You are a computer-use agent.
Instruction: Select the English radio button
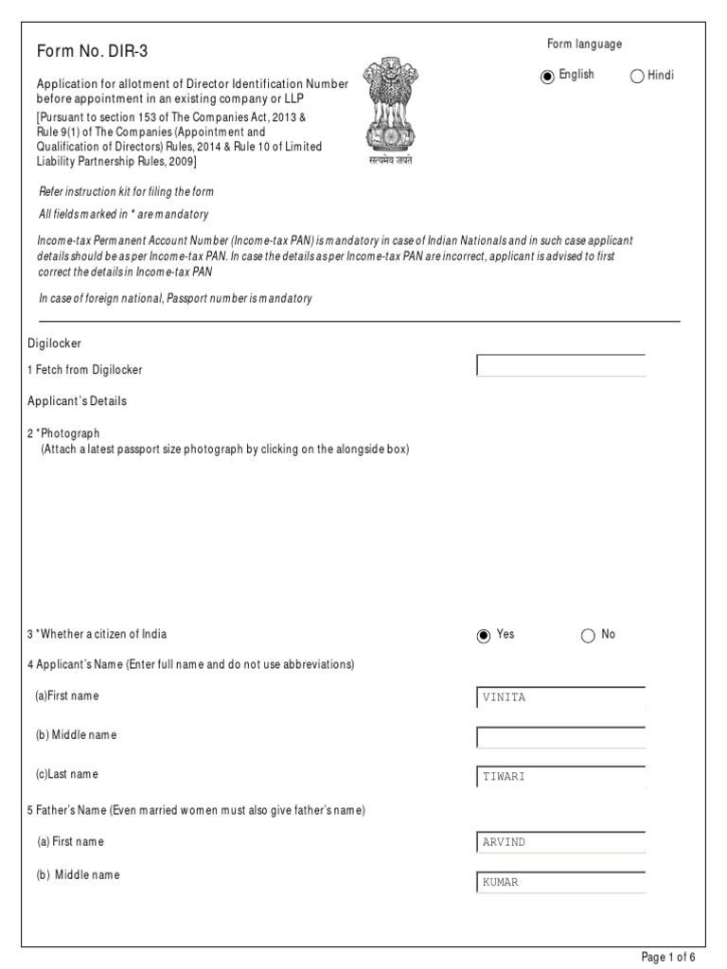point(547,77)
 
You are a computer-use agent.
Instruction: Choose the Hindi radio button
point(636,77)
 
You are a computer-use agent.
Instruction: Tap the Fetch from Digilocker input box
point(560,365)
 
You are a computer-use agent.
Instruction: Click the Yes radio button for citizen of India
point(484,636)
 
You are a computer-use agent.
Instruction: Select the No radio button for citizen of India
point(588,636)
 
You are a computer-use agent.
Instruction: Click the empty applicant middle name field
point(560,737)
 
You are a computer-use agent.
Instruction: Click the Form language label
point(584,44)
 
